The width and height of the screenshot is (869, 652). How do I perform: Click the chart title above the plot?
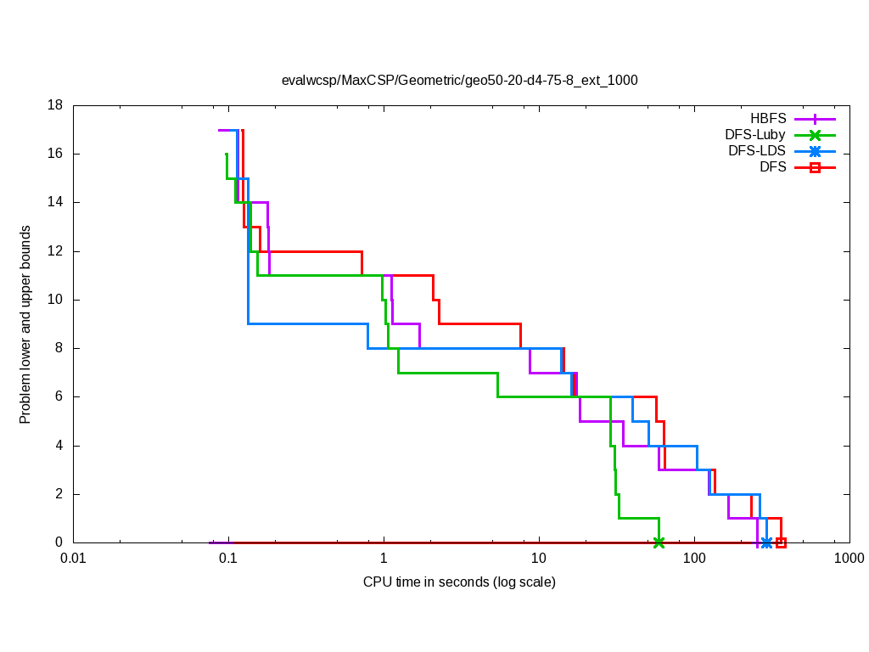[459, 81]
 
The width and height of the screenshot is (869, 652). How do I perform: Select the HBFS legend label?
[768, 119]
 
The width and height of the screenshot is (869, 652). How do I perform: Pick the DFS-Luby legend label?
[755, 135]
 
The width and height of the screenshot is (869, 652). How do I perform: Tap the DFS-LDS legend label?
[757, 151]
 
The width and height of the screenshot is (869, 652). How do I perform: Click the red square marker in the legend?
[815, 168]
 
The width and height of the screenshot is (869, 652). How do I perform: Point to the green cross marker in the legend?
[815, 135]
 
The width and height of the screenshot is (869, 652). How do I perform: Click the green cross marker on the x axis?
[659, 542]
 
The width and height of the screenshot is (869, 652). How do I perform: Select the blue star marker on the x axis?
[766, 542]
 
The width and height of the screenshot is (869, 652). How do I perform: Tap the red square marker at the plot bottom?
[781, 542]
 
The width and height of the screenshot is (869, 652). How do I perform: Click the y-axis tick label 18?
[56, 105]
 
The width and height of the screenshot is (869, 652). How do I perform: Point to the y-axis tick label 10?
[56, 300]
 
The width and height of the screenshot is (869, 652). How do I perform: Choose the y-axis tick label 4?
[59, 446]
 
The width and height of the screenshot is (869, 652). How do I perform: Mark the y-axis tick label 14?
[56, 203]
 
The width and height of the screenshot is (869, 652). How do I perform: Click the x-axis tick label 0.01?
[73, 559]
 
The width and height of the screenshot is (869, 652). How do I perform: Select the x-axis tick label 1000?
[849, 559]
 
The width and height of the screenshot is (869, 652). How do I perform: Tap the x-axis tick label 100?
[694, 559]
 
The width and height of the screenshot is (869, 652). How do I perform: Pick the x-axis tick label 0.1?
[228, 559]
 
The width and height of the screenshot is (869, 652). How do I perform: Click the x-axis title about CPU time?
[459, 582]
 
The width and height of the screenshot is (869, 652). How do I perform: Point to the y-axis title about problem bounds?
[25, 324]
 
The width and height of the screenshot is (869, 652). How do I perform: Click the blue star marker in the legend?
[815, 152]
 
